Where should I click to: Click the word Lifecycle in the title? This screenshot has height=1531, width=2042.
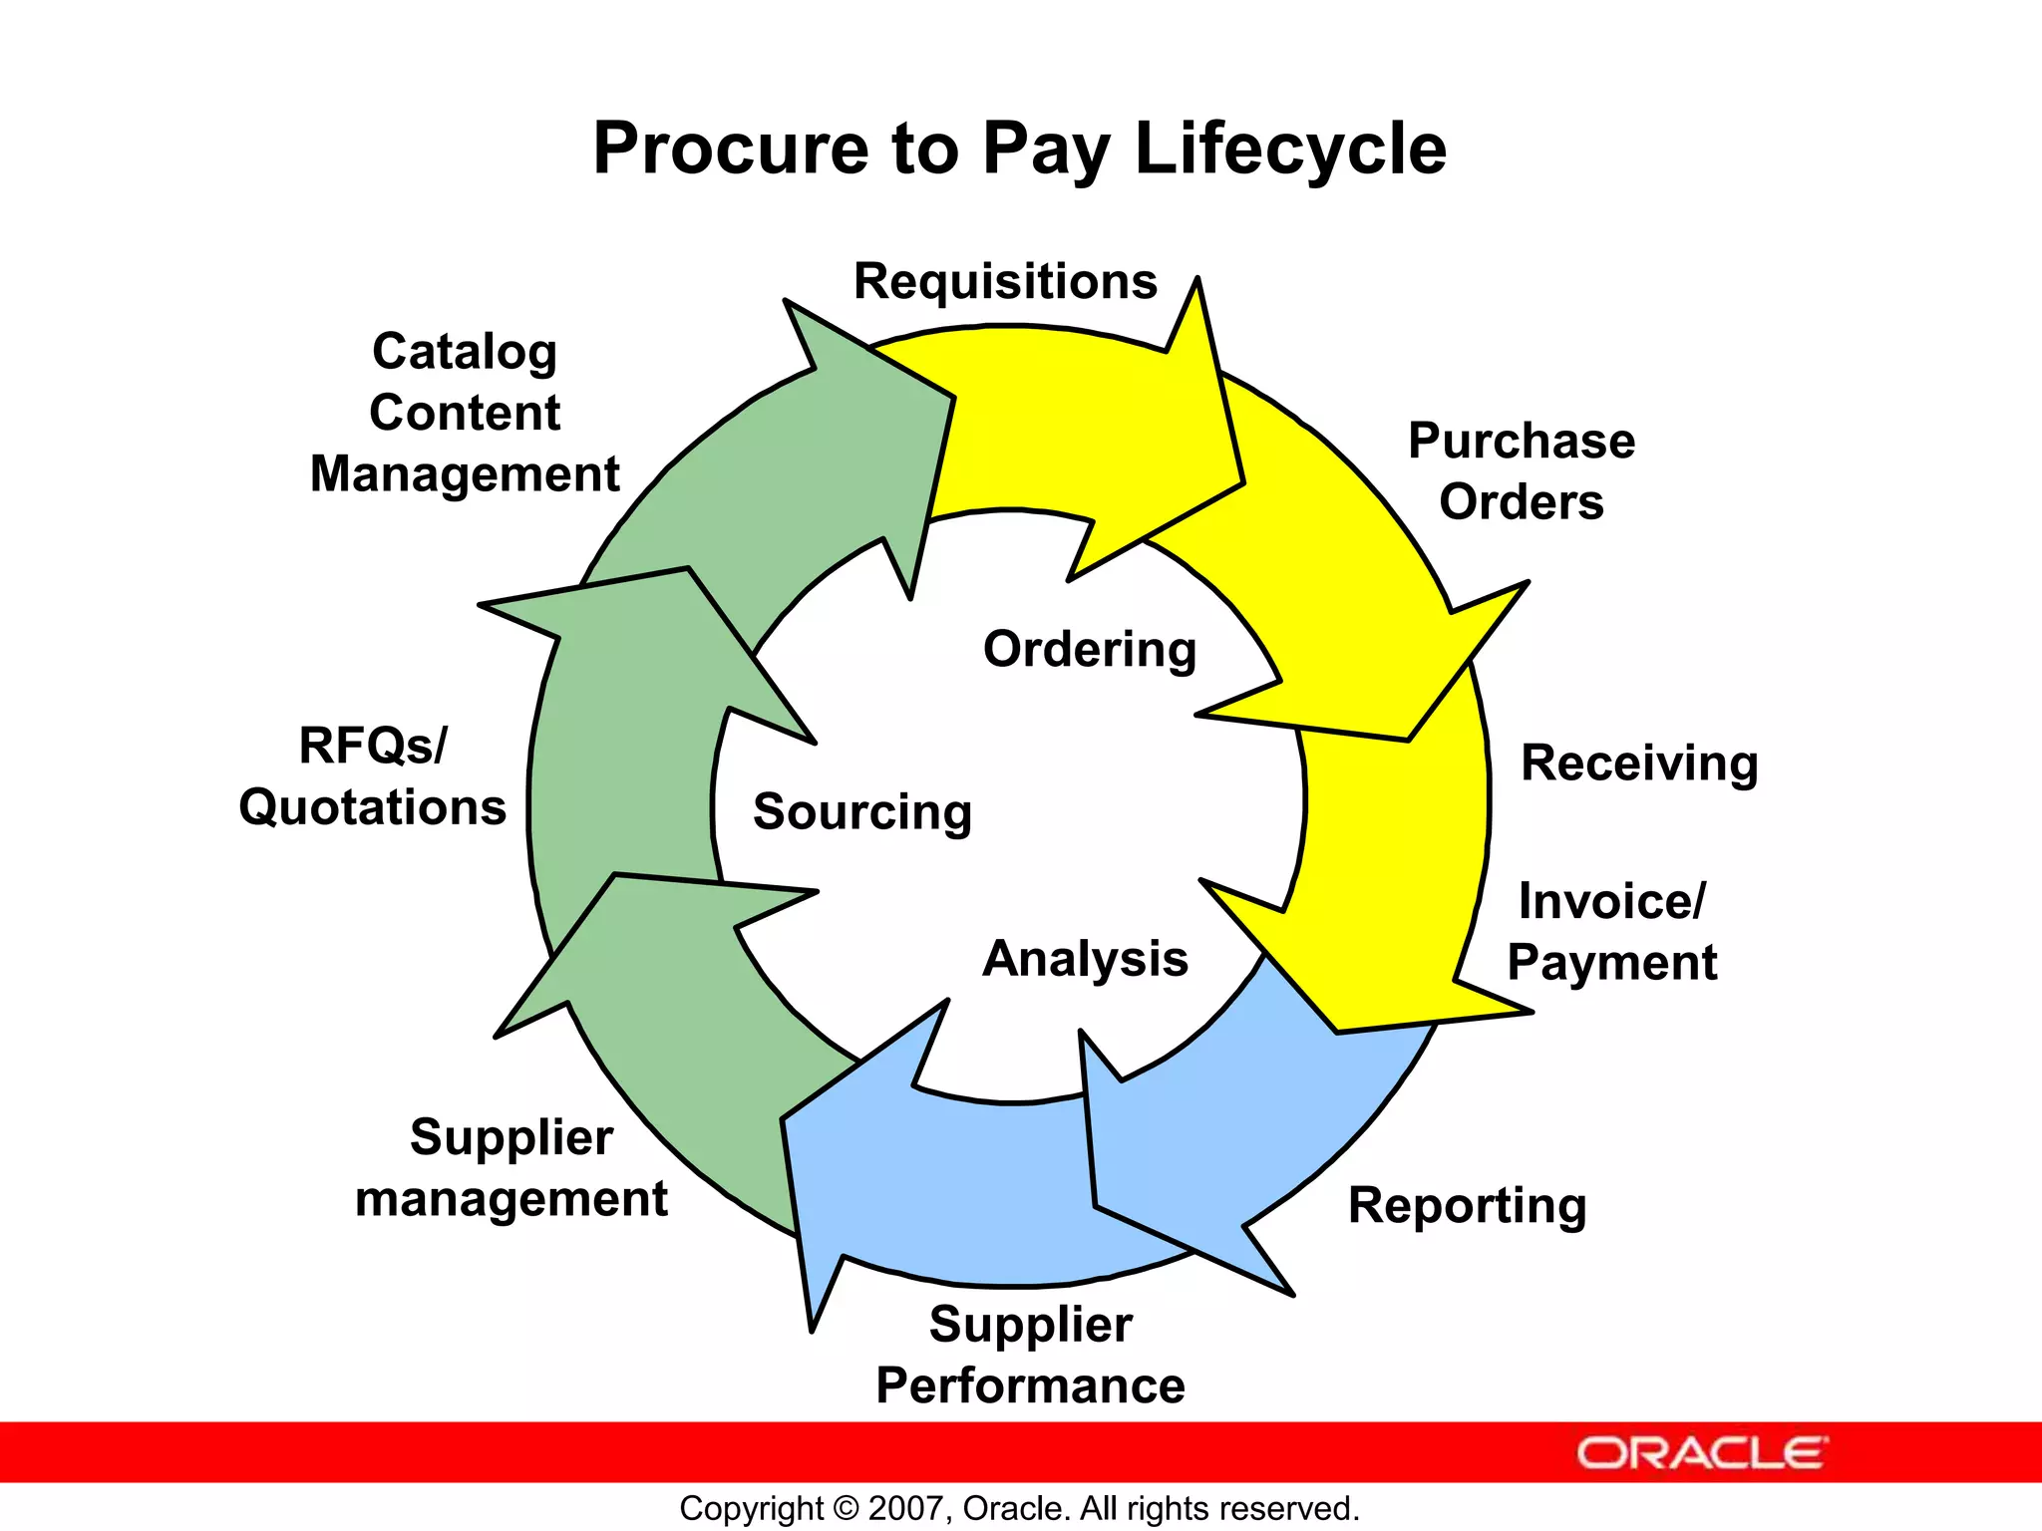(x=1290, y=150)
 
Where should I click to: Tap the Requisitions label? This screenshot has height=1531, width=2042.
(x=1005, y=281)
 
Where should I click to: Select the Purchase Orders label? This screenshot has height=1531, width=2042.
(x=1521, y=470)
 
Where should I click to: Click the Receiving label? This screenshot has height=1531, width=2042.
(x=1638, y=764)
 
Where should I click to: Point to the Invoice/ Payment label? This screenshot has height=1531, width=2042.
(x=1611, y=932)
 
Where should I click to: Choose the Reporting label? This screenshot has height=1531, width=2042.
(x=1467, y=1206)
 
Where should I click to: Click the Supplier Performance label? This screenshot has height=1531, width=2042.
(x=1030, y=1356)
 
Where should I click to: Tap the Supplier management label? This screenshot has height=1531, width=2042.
(x=510, y=1168)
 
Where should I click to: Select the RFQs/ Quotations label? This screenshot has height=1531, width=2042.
(x=372, y=776)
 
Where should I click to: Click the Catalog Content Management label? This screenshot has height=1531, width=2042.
(x=465, y=413)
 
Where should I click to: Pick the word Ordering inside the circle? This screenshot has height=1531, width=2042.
(x=1089, y=650)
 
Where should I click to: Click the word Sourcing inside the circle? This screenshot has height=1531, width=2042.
(x=861, y=811)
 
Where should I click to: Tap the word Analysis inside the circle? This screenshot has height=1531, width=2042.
(x=1085, y=959)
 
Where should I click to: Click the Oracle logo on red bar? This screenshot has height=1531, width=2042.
(x=1701, y=1453)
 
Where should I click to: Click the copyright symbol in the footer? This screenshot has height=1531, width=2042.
(x=846, y=1508)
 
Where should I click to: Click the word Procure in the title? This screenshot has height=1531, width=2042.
(x=731, y=150)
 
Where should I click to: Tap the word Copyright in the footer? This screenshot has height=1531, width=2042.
(x=751, y=1508)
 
